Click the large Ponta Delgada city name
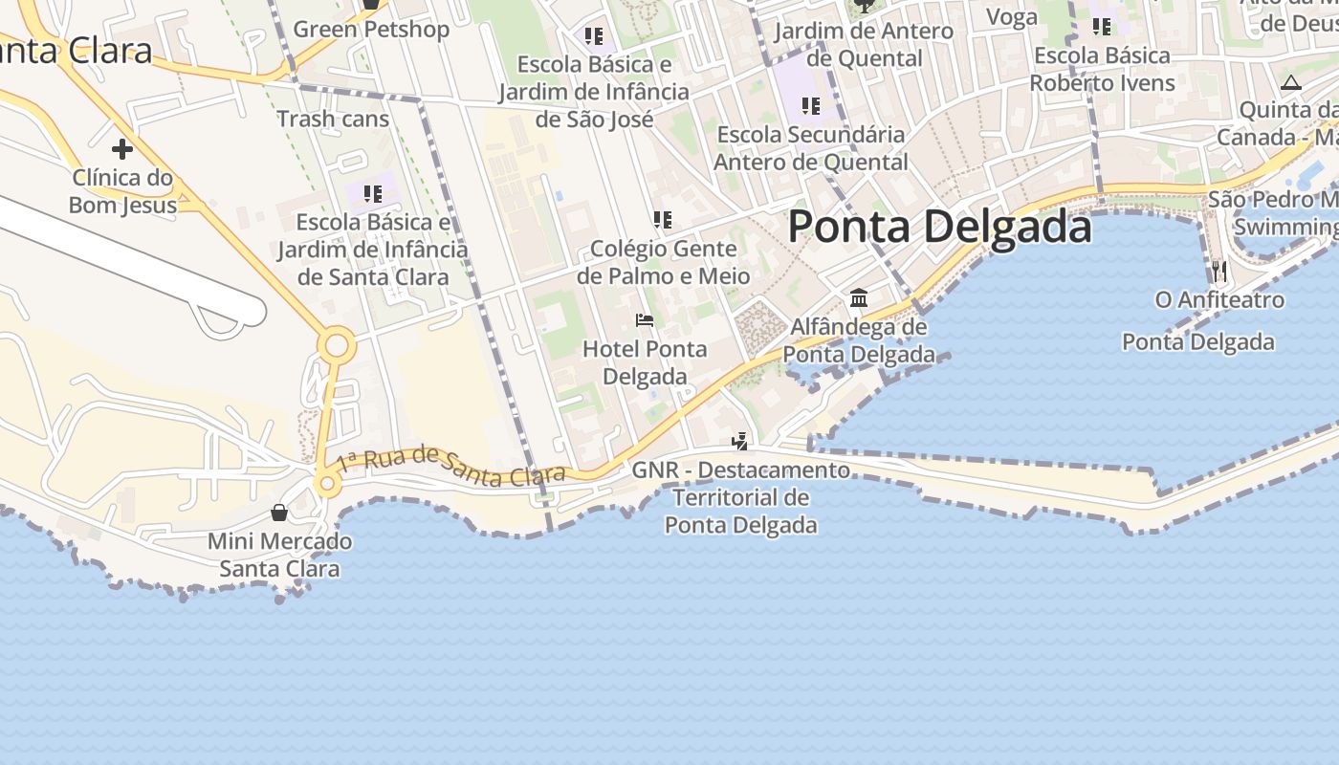[939, 228]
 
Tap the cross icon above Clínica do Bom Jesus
[122, 149]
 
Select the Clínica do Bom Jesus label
[122, 191]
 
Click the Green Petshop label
[371, 30]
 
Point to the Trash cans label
[333, 120]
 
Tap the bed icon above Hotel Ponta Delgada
[645, 319]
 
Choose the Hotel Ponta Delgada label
[645, 362]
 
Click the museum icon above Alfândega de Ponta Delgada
[859, 298]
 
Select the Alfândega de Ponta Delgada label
[859, 341]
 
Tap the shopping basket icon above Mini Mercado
[278, 513]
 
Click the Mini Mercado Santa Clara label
[279, 556]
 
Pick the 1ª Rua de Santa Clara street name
[450, 466]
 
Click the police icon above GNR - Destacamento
[740, 441]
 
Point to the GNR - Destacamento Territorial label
[741, 497]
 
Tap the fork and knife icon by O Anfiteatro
[1218, 271]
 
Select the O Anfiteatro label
[1219, 300]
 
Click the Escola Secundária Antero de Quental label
[811, 148]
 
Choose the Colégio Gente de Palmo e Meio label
[664, 263]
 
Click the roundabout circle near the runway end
[337, 346]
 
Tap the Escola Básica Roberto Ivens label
[1102, 69]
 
